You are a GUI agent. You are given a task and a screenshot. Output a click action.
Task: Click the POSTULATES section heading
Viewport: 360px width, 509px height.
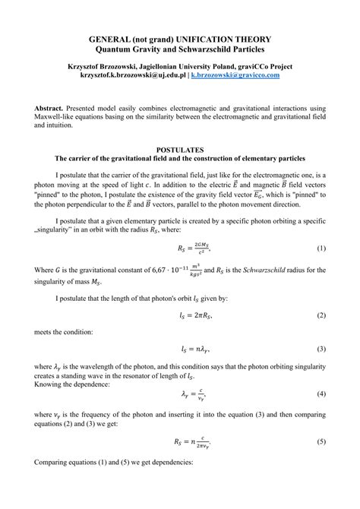[x=180, y=150]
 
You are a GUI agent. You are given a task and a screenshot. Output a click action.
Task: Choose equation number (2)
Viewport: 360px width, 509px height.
[x=321, y=315]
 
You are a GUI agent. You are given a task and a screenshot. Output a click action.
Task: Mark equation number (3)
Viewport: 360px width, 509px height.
[x=321, y=349]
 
